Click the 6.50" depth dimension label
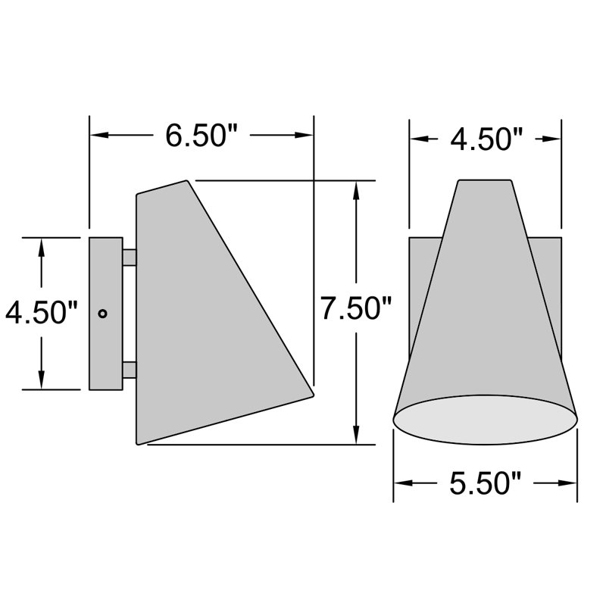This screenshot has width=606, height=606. coord(201,136)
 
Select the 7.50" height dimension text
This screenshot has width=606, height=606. coord(355,309)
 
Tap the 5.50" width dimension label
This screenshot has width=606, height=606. coord(485,483)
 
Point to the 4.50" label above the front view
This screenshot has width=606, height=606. coord(486,139)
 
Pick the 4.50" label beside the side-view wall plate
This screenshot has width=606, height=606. coord(42,312)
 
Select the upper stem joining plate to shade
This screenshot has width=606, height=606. coord(130,258)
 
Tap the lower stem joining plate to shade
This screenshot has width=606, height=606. coord(130,370)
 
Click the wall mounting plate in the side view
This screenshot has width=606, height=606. coord(106,341)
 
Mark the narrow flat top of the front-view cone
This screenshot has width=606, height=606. coord(486,181)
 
